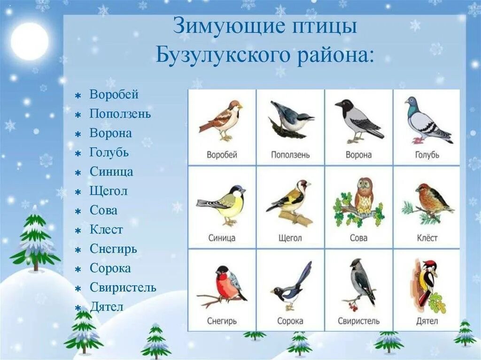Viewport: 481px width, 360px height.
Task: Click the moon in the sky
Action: point(29,41)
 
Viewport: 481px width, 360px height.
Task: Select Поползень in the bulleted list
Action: point(120,114)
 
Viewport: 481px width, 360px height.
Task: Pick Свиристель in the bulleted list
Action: point(123,287)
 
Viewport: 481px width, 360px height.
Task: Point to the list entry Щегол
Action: point(109,191)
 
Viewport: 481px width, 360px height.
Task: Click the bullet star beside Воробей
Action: point(78,95)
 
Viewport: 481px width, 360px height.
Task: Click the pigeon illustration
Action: point(425,121)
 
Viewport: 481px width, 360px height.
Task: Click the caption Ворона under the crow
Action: point(358,155)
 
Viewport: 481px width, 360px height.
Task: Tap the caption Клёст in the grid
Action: point(427,238)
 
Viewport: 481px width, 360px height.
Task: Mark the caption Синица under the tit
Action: point(222,238)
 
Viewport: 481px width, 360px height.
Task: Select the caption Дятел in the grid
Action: point(427,321)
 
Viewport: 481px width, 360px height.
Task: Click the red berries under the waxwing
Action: point(352,306)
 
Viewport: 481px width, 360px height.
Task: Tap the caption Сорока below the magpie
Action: point(290,321)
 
